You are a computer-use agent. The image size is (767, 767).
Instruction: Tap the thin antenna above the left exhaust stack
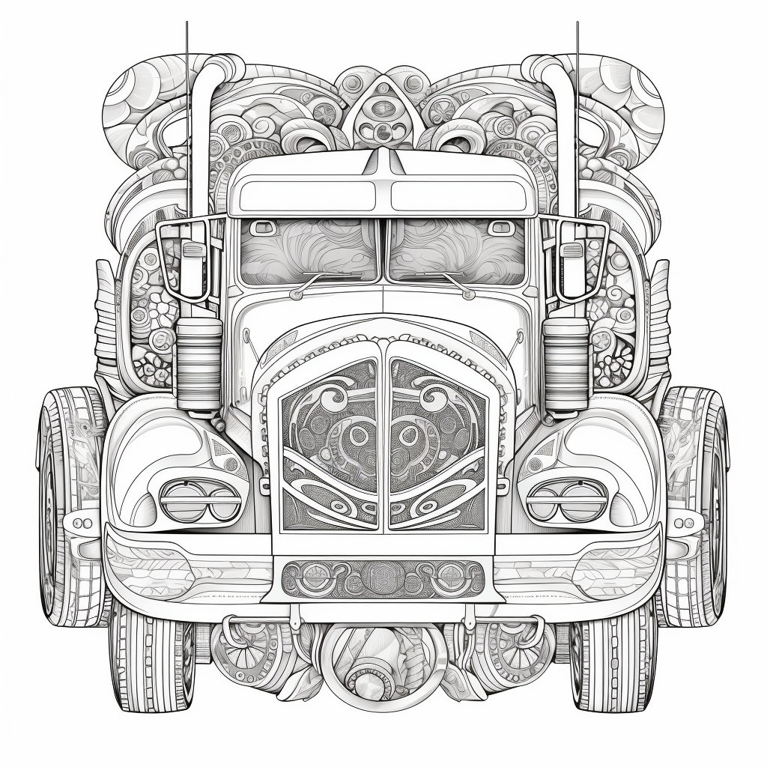187,45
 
